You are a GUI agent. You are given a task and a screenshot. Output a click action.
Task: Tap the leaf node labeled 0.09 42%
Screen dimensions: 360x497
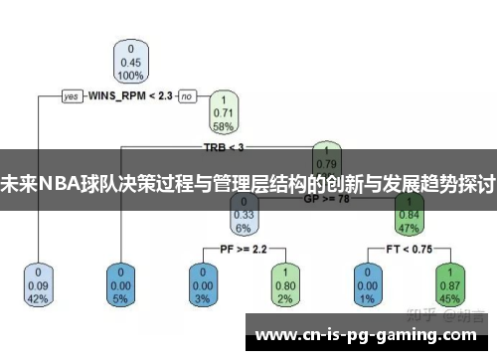tap(39, 284)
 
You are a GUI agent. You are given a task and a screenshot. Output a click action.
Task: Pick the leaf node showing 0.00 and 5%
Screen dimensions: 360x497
tap(121, 284)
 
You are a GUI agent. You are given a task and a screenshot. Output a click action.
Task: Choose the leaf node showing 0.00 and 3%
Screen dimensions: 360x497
tap(204, 284)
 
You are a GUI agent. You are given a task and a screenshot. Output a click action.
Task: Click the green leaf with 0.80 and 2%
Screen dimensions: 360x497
tap(285, 284)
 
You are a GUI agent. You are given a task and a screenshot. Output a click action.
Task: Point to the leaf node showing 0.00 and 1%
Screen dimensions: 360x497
tap(366, 284)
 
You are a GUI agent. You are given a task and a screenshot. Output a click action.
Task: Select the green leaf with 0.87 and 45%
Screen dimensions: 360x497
tap(449, 284)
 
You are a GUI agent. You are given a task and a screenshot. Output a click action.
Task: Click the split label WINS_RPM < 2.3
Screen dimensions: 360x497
tap(130, 96)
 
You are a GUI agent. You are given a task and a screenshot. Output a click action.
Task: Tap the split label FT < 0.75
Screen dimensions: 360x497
tap(408, 247)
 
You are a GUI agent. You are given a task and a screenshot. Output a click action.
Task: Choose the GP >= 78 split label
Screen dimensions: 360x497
tap(326, 198)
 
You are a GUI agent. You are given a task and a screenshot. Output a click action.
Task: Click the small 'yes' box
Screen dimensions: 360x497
tap(72, 96)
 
